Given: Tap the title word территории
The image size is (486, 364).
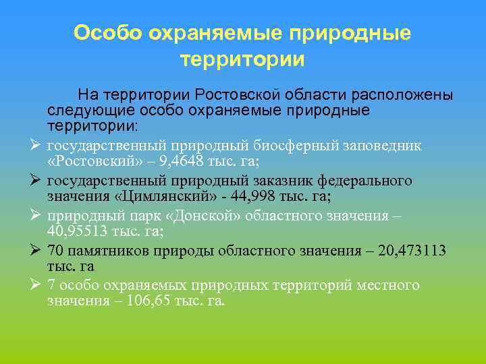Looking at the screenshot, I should point(242,60).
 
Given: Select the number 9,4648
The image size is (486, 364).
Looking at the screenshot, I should point(172,162).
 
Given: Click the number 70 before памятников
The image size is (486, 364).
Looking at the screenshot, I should point(56,250).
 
